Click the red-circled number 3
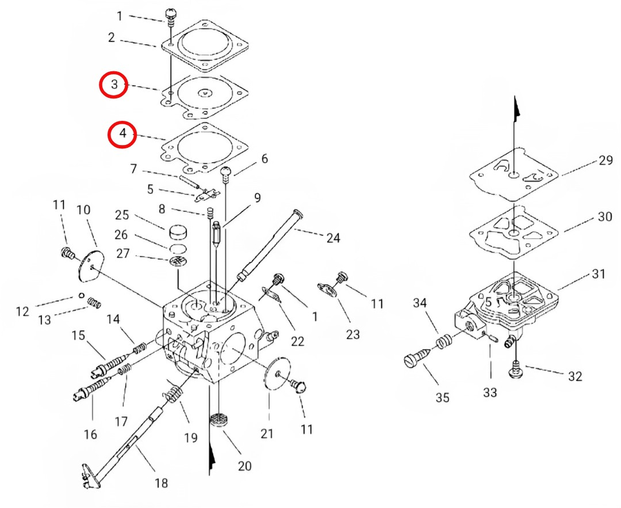[x=114, y=84]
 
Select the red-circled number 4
[x=123, y=133]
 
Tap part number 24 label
[x=333, y=237]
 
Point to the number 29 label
[x=606, y=160]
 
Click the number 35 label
[x=442, y=398]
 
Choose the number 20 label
[x=244, y=466]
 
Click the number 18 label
[x=161, y=483]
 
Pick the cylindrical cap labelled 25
[x=179, y=233]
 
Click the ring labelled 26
[x=178, y=249]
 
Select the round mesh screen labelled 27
[x=179, y=262]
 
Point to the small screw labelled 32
[x=515, y=370]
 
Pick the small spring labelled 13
[x=94, y=304]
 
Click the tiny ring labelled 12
[x=81, y=295]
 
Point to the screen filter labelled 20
[x=219, y=419]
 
